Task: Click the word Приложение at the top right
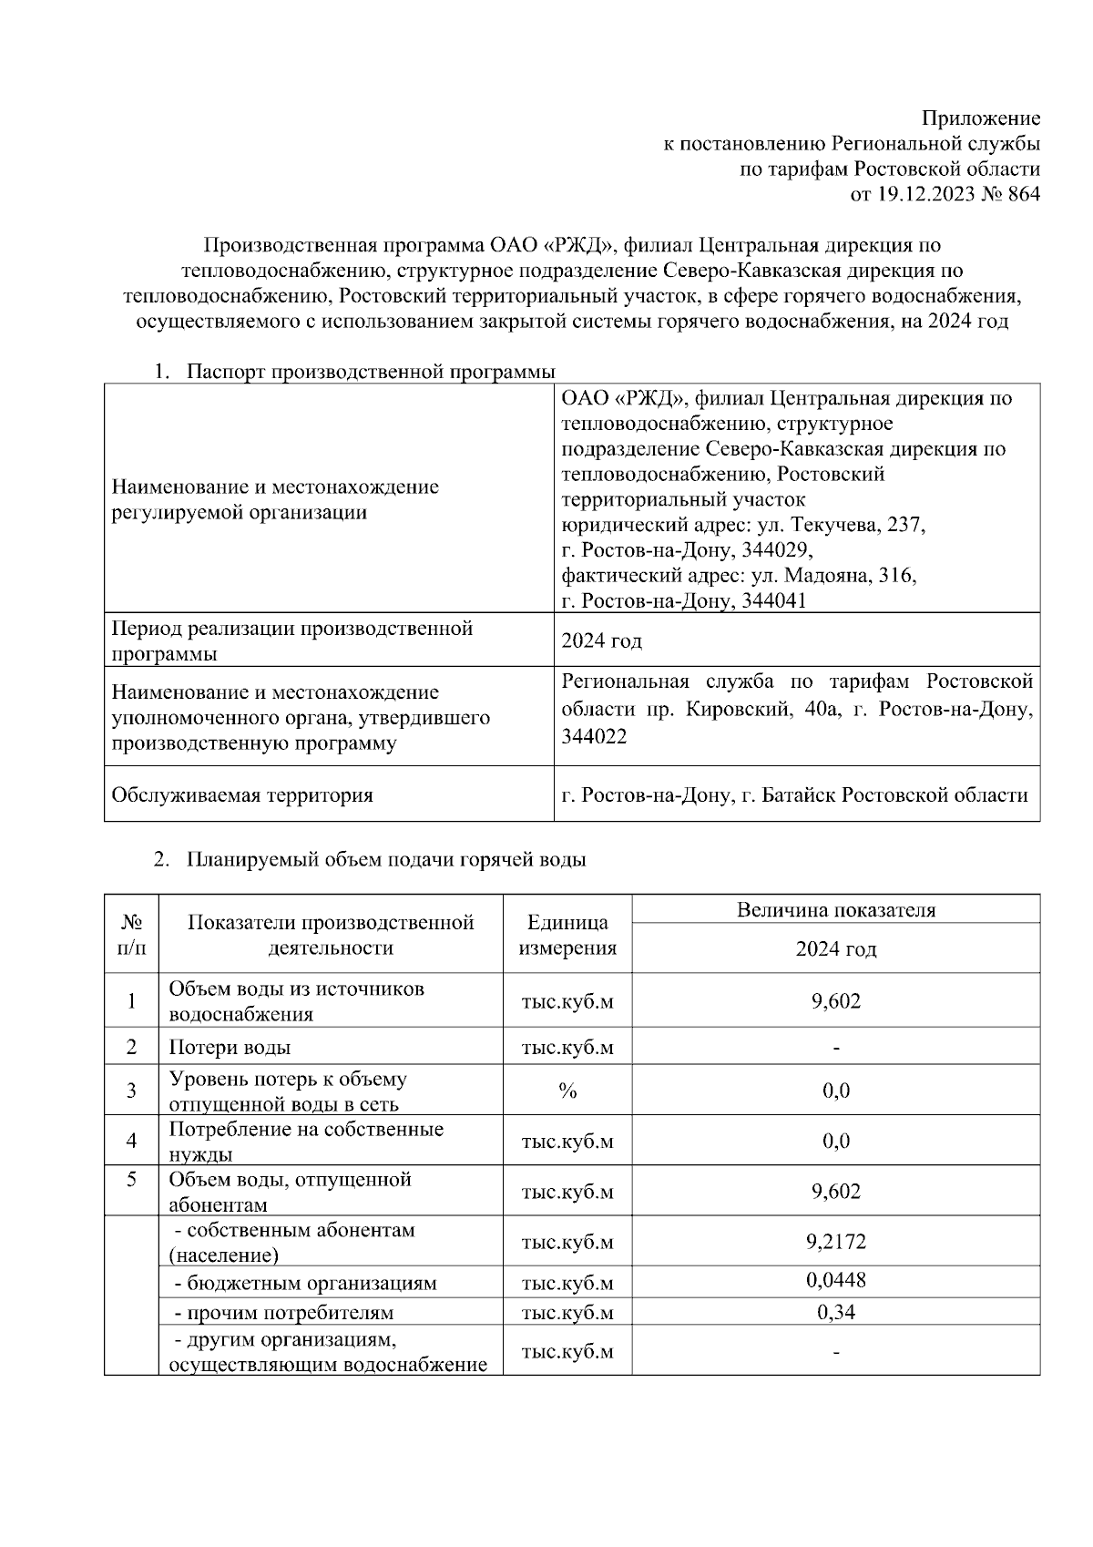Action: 980,118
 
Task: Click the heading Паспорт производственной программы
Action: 371,372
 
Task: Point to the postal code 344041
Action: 773,601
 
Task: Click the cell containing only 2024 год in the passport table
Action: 601,640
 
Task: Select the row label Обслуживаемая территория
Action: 242,795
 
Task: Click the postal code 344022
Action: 594,738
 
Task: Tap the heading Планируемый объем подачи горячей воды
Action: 386,860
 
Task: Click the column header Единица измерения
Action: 567,935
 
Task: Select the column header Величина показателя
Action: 835,909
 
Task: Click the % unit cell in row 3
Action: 567,1091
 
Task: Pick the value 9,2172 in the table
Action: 835,1242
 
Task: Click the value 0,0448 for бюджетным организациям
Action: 835,1280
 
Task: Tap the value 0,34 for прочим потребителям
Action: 835,1312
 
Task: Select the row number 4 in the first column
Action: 131,1141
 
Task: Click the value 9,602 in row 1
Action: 835,1001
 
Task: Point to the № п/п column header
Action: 131,935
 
